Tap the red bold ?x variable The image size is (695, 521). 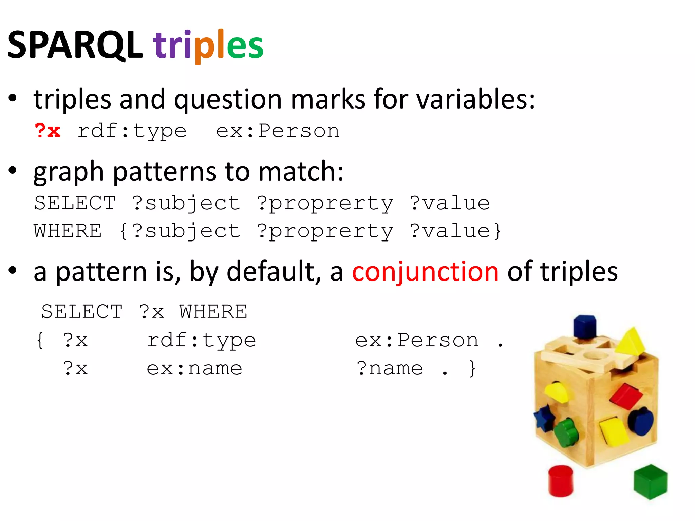pyautogui.click(x=48, y=131)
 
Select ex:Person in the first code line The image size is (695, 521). pyautogui.click(x=278, y=131)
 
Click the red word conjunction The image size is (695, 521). pyautogui.click(x=425, y=272)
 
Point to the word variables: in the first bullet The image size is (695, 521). pyautogui.click(x=475, y=99)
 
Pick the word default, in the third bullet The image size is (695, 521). pyautogui.click(x=274, y=272)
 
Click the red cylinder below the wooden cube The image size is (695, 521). pyautogui.click(x=561, y=481)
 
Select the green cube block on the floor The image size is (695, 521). pyautogui.click(x=650, y=482)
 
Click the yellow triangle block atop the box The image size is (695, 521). pyautogui.click(x=631, y=342)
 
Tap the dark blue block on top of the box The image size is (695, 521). pyautogui.click(x=585, y=327)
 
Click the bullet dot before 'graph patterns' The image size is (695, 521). pyautogui.click(x=13, y=171)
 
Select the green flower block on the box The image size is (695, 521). pyautogui.click(x=566, y=433)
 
